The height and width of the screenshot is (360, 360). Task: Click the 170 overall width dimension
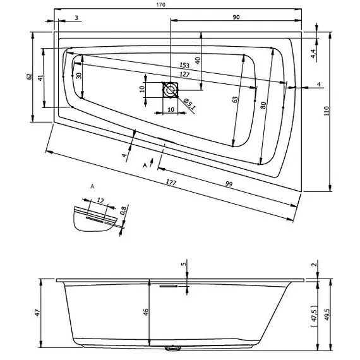(160, 5)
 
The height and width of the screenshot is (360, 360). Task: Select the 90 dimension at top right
(236, 17)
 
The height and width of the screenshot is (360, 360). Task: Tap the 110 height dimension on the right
(327, 111)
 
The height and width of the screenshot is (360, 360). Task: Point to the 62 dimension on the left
(29, 76)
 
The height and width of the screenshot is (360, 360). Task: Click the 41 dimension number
(40, 78)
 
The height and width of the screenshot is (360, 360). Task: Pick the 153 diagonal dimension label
(184, 66)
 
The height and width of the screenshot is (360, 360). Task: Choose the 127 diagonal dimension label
(184, 75)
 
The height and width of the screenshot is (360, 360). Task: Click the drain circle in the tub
(171, 90)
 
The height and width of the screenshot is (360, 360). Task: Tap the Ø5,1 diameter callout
(189, 104)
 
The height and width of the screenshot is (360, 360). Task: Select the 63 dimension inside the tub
(235, 100)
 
